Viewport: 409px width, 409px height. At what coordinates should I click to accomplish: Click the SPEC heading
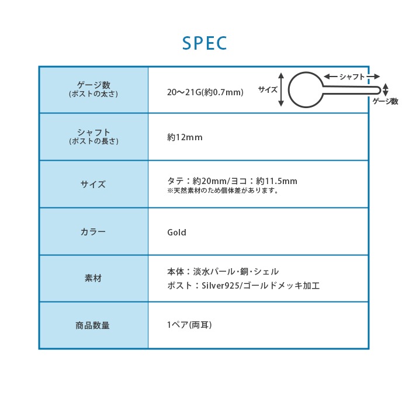coord(204,43)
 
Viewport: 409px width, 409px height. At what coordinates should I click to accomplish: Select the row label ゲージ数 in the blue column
coord(93,85)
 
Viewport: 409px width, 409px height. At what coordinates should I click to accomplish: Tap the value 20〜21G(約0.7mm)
coord(205,92)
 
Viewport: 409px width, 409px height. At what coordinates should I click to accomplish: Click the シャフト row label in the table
coord(93,132)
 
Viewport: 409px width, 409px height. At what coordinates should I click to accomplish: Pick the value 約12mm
coord(185,137)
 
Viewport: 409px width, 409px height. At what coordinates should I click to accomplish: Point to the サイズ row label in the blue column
coord(93,185)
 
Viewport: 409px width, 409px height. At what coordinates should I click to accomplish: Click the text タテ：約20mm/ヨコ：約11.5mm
coord(232,181)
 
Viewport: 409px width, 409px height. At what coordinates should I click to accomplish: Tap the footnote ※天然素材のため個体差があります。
coord(223,190)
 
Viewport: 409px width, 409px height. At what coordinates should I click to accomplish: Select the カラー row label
coord(93,231)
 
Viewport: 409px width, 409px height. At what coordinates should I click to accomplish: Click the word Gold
coord(176,232)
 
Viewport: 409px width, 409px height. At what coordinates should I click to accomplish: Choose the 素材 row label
coord(93,278)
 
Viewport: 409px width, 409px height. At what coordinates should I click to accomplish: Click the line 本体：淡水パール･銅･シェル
coord(223,272)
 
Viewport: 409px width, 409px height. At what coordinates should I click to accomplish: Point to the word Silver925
coord(220,285)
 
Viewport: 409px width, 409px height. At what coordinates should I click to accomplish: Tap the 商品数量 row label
coord(92,325)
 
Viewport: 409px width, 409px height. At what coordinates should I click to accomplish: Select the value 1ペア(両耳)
coord(189,325)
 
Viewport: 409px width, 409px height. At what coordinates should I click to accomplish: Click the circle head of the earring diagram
coord(290,90)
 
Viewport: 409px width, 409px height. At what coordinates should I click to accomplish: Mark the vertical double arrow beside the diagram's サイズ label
coord(281,89)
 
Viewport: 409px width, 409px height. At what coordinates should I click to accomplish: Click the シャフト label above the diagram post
coord(352,77)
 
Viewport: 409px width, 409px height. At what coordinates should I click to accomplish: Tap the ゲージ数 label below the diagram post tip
coord(385,101)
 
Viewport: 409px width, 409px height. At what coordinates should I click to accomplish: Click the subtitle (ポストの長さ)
coord(93,141)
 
